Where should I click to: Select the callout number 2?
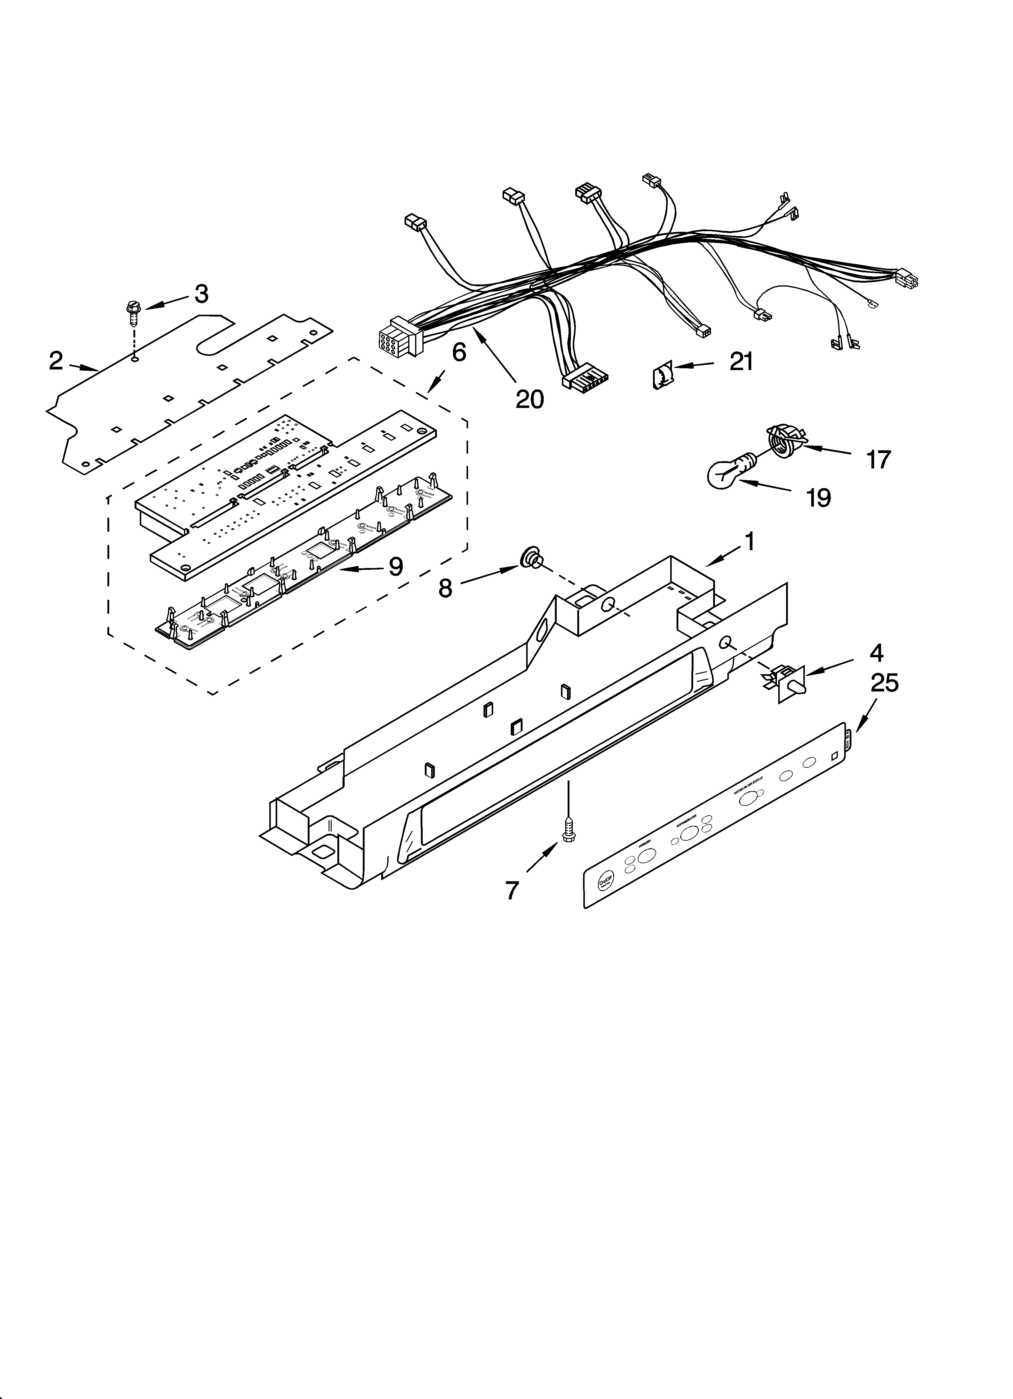56,361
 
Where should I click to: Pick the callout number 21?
741,361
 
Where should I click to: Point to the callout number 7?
512,890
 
